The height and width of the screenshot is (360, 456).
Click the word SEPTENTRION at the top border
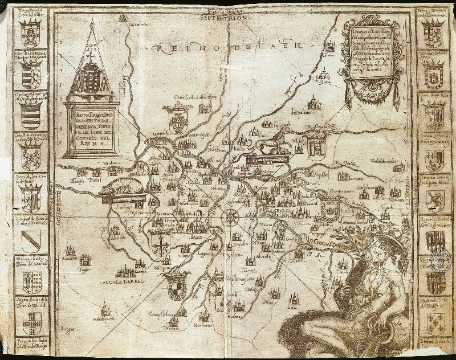pyautogui.click(x=225, y=18)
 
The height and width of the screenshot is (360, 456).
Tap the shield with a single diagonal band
pyautogui.click(x=31, y=240)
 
